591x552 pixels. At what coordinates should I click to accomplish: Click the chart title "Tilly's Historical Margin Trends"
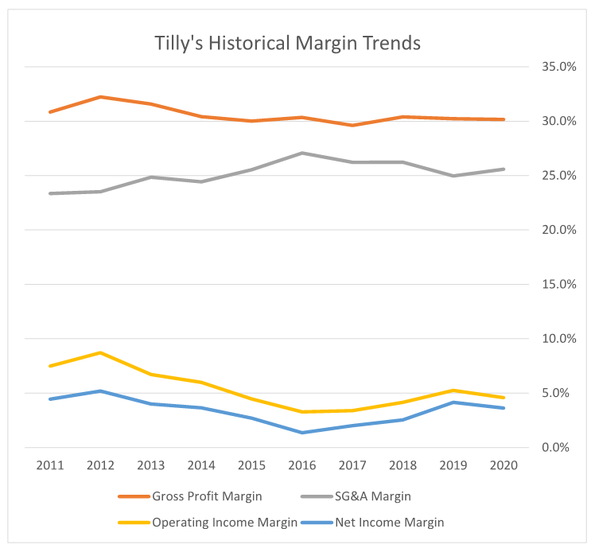click(x=287, y=44)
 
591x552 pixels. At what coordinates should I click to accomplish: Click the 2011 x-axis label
click(x=50, y=465)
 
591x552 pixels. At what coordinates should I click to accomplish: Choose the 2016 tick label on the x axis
click(x=302, y=465)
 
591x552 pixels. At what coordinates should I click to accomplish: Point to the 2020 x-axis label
click(x=504, y=465)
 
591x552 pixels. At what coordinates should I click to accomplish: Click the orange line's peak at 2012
click(x=101, y=97)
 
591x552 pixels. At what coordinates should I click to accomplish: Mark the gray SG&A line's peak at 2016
click(x=302, y=153)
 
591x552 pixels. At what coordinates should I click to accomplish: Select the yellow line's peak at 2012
click(x=101, y=352)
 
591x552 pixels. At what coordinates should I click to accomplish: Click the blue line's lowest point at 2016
click(x=302, y=433)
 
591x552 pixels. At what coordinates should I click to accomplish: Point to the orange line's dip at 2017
click(x=352, y=125)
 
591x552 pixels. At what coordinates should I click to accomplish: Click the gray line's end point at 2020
click(x=504, y=169)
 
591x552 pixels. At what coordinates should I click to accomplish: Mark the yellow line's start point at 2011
click(x=50, y=366)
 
